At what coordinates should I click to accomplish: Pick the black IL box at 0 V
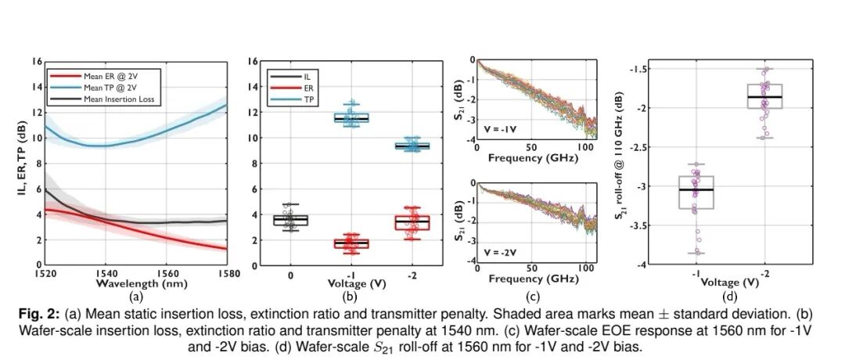coord(289,220)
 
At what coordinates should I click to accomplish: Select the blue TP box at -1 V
coord(352,118)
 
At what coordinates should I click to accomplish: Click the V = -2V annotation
coord(498,253)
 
